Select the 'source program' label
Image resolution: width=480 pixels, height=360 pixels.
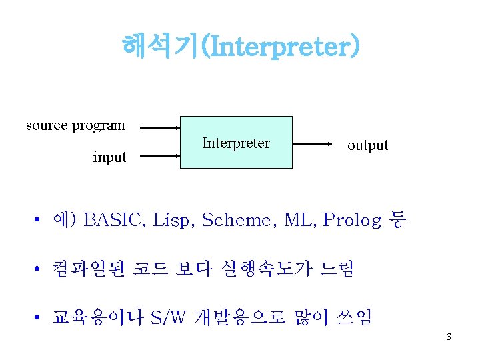(x=75, y=125)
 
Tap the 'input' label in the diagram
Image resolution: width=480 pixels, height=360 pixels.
(x=109, y=157)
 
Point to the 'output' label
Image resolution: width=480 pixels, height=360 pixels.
(x=367, y=145)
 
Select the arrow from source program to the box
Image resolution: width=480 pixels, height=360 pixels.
(x=160, y=127)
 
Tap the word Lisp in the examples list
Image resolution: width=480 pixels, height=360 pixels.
(x=173, y=219)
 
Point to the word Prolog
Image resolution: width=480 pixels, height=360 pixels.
(x=353, y=219)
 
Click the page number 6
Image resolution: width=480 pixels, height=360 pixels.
(x=449, y=337)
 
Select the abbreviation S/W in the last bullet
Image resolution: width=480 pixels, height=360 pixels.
(x=169, y=317)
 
